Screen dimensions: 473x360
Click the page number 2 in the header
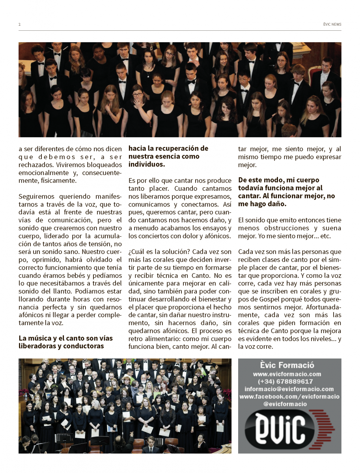(x=19, y=24)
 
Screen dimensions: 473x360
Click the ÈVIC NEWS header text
(x=332, y=24)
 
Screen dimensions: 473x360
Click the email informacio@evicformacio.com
(x=289, y=389)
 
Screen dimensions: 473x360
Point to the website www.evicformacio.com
(x=287, y=374)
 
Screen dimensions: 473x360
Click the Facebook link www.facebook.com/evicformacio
(x=289, y=397)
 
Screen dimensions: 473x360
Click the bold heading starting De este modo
(x=279, y=180)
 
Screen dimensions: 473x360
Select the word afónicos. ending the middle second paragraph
(x=216, y=236)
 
